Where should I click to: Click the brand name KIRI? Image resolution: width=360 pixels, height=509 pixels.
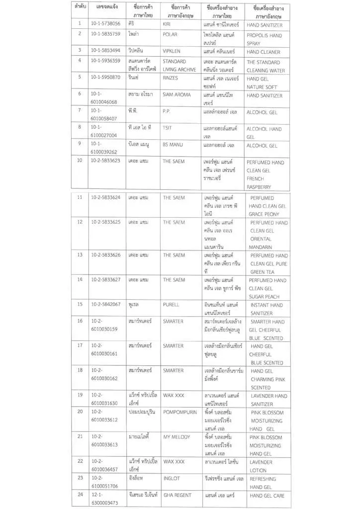tap(167, 24)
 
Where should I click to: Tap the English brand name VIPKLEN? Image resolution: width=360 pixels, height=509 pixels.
tap(174, 51)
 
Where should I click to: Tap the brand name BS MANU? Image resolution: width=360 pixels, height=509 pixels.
tap(174, 145)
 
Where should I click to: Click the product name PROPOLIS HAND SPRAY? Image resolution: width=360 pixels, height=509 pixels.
tap(264, 39)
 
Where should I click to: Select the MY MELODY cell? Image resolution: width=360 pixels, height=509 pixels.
tap(178, 437)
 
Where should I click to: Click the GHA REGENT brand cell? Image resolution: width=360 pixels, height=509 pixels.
tap(178, 495)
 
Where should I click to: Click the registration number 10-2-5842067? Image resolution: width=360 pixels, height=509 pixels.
tap(106, 305)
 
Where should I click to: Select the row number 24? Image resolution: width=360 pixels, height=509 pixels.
tap(80, 495)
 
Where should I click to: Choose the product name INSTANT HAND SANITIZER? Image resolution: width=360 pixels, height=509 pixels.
tap(266, 309)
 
